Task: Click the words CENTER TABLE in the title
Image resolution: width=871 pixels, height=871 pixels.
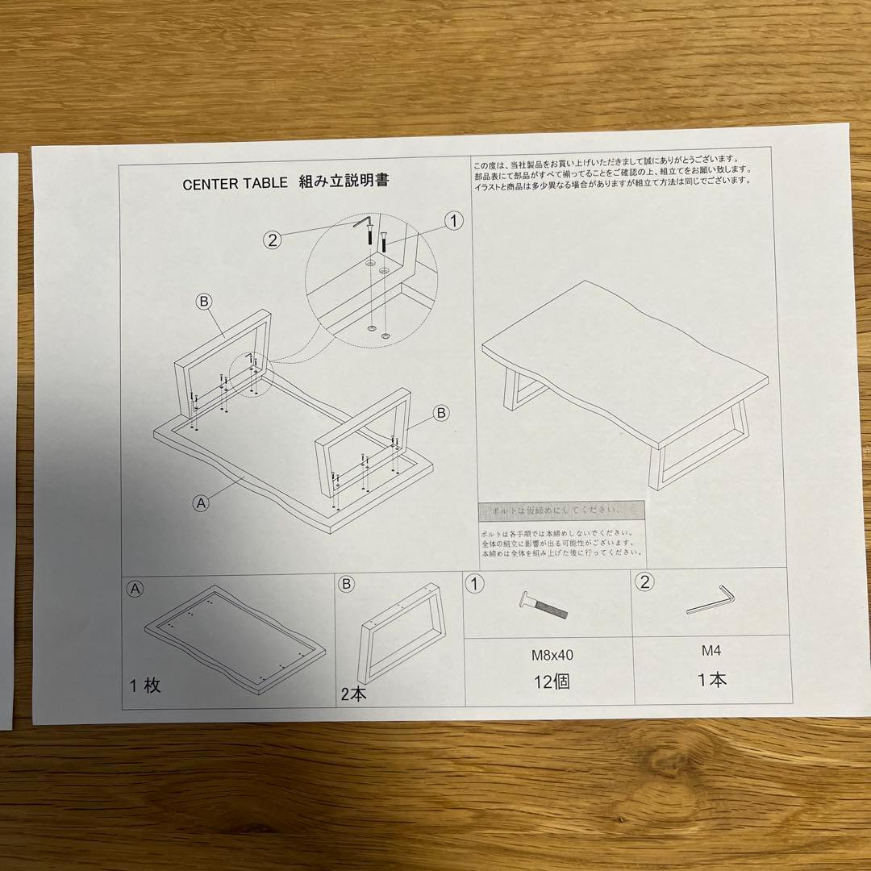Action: pyautogui.click(x=234, y=183)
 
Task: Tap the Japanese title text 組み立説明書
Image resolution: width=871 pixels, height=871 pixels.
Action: pyautogui.click(x=344, y=181)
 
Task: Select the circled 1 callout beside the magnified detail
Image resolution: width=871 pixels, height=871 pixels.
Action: pyautogui.click(x=454, y=221)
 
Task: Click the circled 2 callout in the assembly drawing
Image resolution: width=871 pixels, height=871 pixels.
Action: pyautogui.click(x=274, y=239)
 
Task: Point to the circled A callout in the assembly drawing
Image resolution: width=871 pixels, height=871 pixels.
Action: pyautogui.click(x=202, y=502)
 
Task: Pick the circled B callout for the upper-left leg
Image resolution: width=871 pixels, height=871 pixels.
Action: pyautogui.click(x=204, y=301)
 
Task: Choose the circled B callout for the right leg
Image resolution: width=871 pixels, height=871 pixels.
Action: pyautogui.click(x=440, y=413)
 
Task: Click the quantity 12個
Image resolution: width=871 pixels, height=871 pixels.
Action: pyautogui.click(x=552, y=682)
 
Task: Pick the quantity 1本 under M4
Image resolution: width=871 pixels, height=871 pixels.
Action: pyautogui.click(x=711, y=680)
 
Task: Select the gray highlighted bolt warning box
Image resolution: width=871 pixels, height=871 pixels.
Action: pyautogui.click(x=561, y=511)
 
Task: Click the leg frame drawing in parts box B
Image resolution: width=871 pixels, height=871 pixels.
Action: pyautogui.click(x=403, y=633)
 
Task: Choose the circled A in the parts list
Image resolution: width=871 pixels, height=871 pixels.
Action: pyautogui.click(x=136, y=589)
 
